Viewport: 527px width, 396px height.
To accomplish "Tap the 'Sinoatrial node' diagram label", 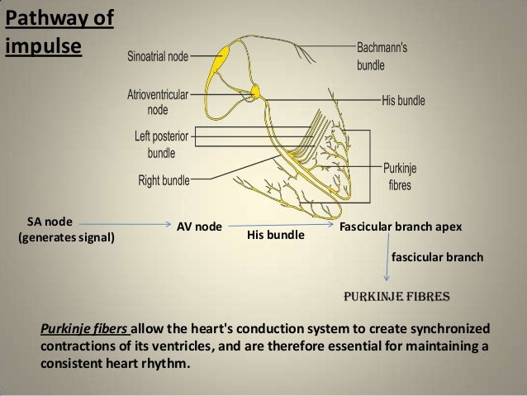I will [158, 57].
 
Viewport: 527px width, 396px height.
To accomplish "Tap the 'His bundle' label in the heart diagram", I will [403, 101].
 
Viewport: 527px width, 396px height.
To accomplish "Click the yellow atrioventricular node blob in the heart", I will [256, 89].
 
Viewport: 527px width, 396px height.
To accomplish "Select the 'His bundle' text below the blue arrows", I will [276, 236].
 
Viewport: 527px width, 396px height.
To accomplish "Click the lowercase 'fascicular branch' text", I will [436, 258].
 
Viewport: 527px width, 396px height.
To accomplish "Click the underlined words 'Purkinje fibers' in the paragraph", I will [84, 327].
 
